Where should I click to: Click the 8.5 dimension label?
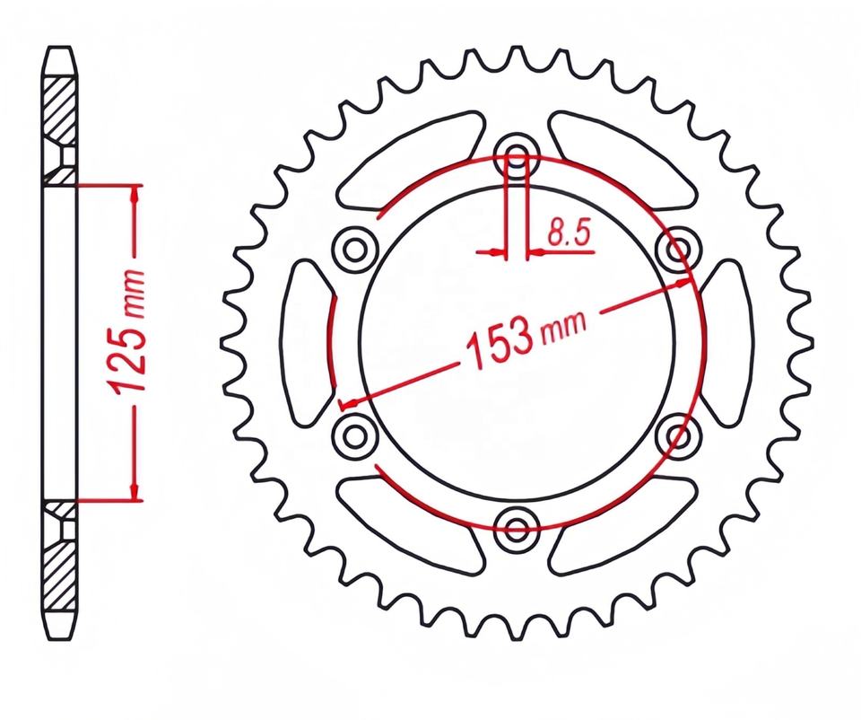(569, 234)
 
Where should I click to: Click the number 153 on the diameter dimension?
(499, 347)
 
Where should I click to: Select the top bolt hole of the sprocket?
(517, 153)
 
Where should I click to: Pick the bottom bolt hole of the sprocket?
(517, 528)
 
